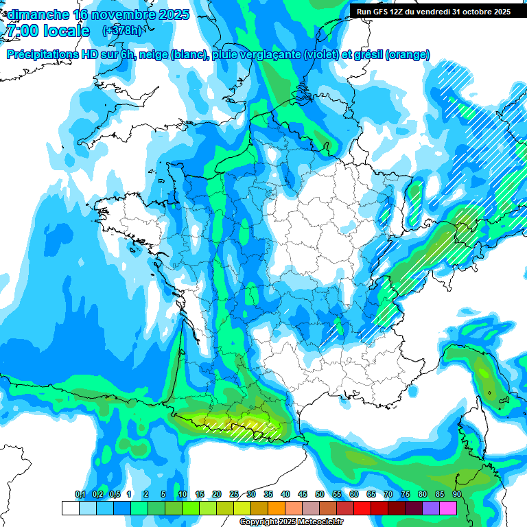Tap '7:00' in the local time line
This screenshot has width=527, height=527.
pos(21,31)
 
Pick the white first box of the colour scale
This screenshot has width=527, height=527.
pos(70,508)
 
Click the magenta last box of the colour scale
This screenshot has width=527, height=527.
pos(448,508)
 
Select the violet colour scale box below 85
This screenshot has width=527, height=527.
pos(431,508)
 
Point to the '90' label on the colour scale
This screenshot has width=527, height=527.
pos(456,494)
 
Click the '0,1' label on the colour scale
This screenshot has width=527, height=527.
pos(80,494)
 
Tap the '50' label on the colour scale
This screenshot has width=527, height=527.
pos(320,494)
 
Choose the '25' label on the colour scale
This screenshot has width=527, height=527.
pos(234,494)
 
